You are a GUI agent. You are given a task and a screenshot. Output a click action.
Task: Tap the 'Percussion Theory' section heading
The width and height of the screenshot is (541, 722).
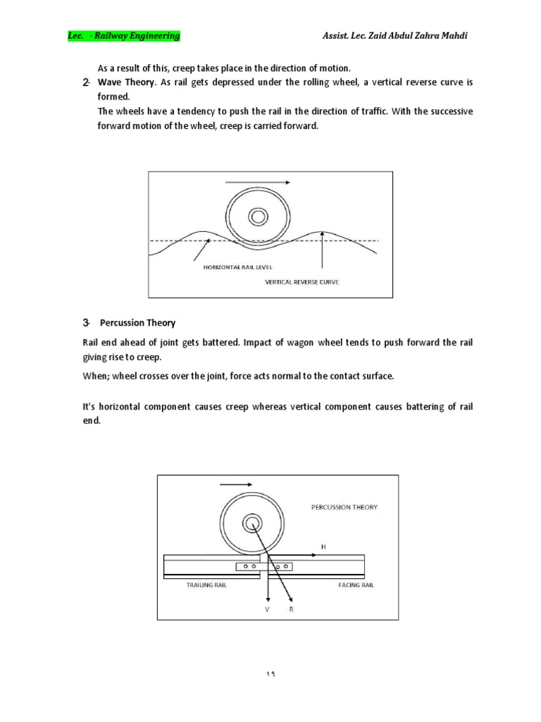(x=137, y=323)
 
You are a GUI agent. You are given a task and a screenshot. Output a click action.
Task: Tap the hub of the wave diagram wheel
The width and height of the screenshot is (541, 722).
(x=258, y=216)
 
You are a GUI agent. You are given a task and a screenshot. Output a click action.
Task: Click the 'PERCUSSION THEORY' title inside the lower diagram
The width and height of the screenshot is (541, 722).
(x=344, y=507)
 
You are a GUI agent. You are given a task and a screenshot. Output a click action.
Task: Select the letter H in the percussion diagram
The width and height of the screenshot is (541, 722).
(x=323, y=546)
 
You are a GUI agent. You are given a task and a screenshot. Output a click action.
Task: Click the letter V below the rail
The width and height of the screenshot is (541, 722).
(x=267, y=608)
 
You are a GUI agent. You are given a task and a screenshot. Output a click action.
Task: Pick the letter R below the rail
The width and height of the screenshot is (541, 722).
(x=290, y=608)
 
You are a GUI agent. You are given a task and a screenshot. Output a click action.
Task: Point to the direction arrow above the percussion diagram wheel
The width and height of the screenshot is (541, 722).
(x=236, y=484)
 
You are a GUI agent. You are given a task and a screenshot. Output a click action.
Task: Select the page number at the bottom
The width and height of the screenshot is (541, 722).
(x=270, y=673)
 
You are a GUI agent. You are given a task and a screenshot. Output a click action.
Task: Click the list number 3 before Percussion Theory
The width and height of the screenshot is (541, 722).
(x=86, y=323)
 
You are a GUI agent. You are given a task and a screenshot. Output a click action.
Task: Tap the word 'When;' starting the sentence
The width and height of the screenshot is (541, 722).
(x=96, y=376)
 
